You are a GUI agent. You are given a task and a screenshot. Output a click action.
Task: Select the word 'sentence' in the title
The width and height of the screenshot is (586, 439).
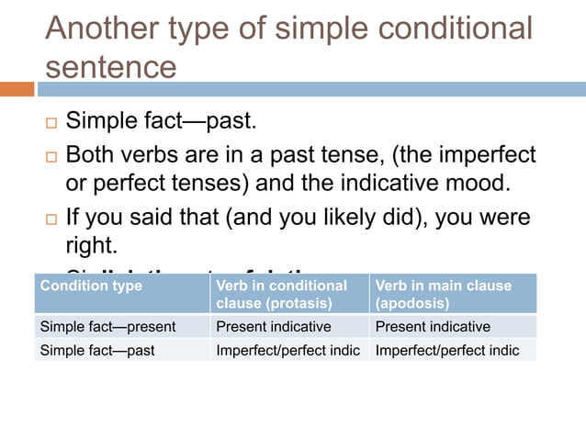point(111,67)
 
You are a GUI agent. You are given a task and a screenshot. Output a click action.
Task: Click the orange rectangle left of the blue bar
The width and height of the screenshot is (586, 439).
point(17,89)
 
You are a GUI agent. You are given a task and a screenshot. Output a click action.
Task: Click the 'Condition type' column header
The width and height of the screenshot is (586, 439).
point(91,286)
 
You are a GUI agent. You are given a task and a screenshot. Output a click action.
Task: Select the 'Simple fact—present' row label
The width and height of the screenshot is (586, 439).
point(107,327)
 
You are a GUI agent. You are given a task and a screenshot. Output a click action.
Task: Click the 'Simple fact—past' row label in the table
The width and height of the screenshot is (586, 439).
point(96,350)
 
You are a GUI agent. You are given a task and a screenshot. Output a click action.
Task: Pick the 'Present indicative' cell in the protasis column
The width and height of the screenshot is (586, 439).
point(273,327)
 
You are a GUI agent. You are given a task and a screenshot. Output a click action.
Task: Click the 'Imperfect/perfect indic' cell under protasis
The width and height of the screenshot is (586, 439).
point(287,350)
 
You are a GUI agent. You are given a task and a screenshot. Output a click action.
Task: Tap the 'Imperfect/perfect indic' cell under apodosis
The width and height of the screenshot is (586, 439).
point(447,350)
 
